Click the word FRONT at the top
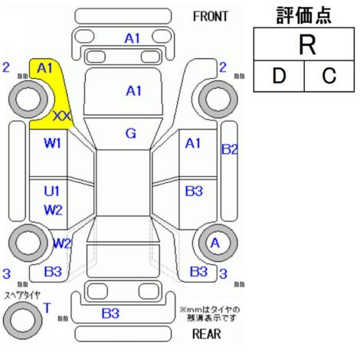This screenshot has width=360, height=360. click(210, 17)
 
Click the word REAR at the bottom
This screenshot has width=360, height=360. click(207, 334)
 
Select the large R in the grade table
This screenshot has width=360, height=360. click(307, 45)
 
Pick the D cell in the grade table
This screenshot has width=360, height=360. click(279, 76)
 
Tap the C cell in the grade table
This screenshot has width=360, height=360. click(329, 76)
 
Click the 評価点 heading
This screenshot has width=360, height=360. click(304, 15)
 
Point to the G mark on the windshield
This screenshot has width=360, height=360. click(131, 133)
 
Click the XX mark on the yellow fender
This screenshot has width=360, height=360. click(63, 116)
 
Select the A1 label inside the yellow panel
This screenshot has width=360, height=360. click(44, 68)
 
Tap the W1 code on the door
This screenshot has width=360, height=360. click(53, 143)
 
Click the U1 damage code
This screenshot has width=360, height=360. click(52, 191)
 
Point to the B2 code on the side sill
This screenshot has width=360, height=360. click(230, 149)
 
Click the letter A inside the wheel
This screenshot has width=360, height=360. click(215, 243)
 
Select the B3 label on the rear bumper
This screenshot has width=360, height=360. click(110, 313)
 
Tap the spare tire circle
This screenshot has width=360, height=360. click(23, 320)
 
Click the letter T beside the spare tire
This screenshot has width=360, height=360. click(47, 308)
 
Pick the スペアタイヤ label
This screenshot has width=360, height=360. click(22, 296)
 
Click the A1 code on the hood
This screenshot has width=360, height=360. click(134, 91)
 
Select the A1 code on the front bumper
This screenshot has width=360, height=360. click(133, 38)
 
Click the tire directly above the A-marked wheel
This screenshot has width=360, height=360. click(218, 99)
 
